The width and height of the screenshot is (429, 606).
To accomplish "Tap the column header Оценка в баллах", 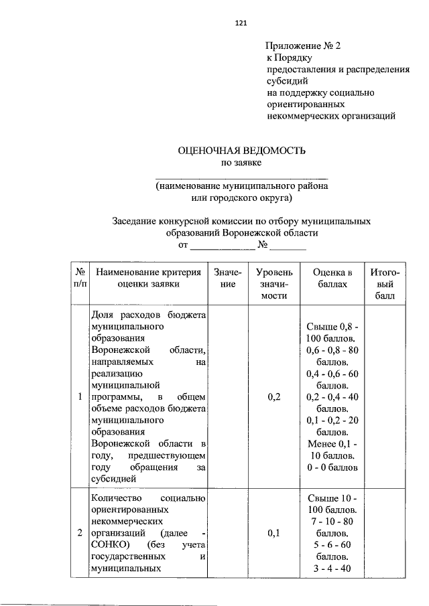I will pyautogui.click(x=332, y=278).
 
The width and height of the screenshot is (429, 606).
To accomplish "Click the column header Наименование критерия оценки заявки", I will pyautogui.click(x=148, y=278).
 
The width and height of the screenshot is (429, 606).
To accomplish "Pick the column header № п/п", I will pyautogui.click(x=80, y=278).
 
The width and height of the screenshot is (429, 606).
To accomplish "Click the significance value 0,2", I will pyautogui.click(x=273, y=396).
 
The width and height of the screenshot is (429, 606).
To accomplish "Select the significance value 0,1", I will pyautogui.click(x=273, y=533).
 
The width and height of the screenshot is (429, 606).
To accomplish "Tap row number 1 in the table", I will pyautogui.click(x=80, y=396).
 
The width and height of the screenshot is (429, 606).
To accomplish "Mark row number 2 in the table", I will pyautogui.click(x=80, y=533).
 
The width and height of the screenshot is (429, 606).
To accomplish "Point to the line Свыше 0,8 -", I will pyautogui.click(x=332, y=326).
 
